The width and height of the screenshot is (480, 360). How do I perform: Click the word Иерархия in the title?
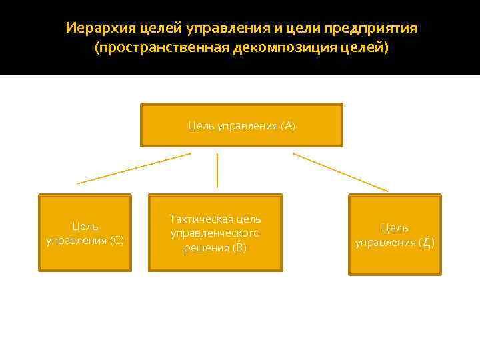pos(95,29)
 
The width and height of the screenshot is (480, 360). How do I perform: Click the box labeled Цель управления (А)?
pos(241,125)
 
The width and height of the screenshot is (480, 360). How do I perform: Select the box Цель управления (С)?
pos(85,233)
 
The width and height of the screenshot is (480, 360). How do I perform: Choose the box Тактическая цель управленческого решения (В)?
pos(215,233)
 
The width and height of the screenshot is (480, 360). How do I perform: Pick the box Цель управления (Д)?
pos(395,235)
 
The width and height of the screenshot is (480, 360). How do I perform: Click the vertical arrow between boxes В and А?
pos(217,170)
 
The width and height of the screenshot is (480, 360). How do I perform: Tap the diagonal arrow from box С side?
pos(133,168)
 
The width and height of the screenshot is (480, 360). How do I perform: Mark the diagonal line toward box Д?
pos(340,172)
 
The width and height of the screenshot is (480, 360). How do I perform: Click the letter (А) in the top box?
pos(288,125)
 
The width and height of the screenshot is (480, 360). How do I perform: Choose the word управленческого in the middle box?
pos(215,233)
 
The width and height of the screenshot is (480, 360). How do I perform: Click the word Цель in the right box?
pos(395,228)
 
